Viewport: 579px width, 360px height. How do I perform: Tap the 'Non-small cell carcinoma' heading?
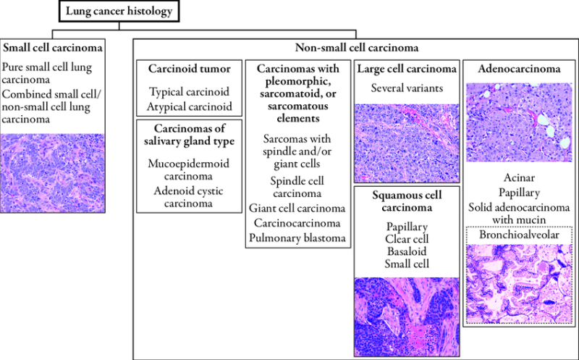coord(354,48)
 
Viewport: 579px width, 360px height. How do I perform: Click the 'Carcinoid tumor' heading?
coord(190,70)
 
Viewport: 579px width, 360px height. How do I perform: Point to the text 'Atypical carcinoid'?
coord(190,106)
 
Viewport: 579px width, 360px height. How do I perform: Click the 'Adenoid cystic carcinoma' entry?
coord(190,197)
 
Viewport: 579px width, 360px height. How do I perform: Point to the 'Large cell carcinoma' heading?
coord(407,70)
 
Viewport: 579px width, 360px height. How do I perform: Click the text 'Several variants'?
coord(407,88)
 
